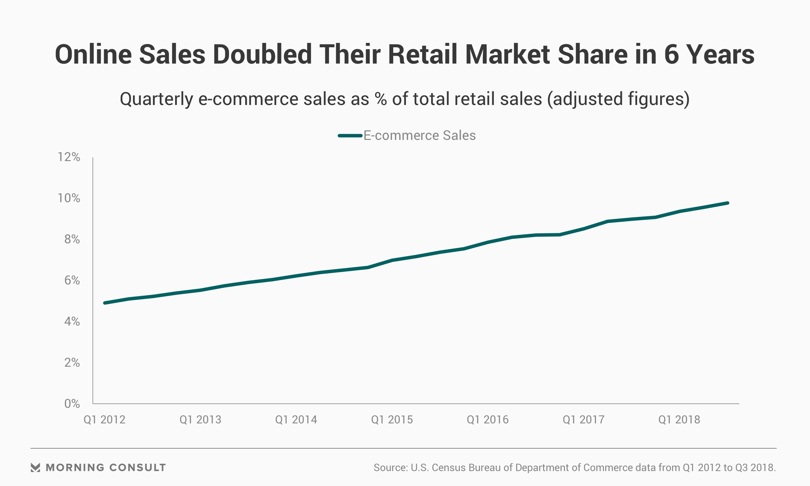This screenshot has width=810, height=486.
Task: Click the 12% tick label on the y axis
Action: (69, 157)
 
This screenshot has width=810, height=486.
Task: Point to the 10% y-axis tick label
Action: (69, 198)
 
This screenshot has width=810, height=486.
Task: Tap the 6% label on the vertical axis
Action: (72, 281)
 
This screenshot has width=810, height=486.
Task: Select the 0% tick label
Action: (72, 404)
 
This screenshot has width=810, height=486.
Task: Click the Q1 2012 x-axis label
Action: (105, 420)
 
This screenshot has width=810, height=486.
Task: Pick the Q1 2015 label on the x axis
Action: (392, 420)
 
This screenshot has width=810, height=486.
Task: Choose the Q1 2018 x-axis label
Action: (679, 420)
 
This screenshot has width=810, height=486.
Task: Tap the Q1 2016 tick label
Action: (488, 420)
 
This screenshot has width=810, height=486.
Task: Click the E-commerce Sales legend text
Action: (419, 135)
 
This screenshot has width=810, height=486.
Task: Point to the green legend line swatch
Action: (350, 135)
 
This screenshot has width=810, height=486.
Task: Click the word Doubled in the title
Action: (262, 55)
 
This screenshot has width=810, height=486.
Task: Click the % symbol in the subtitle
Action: (381, 100)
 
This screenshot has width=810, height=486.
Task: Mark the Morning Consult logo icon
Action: (35, 467)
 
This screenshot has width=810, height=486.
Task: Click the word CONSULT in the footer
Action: (138, 467)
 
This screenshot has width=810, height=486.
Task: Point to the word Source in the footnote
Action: (390, 468)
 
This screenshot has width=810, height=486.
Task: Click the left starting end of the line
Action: (105, 303)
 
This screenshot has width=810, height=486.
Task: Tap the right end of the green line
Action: (727, 203)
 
